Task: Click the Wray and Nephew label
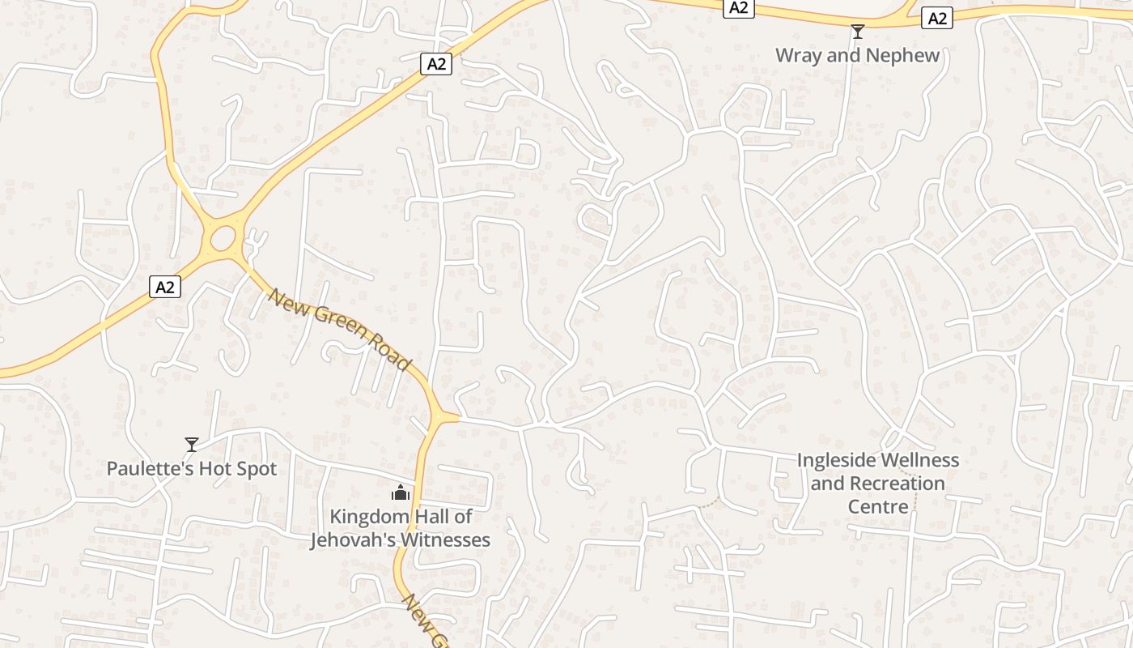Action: tap(857, 55)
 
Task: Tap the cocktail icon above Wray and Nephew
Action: tap(857, 32)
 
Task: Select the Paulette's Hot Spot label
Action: tap(192, 468)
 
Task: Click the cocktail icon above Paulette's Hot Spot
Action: tap(192, 444)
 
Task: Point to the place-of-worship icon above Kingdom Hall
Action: tap(401, 492)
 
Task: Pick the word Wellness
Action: tap(919, 460)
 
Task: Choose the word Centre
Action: tap(878, 507)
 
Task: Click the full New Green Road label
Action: tap(339, 329)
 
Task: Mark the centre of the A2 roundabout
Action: tap(223, 238)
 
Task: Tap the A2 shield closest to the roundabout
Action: tap(165, 286)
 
